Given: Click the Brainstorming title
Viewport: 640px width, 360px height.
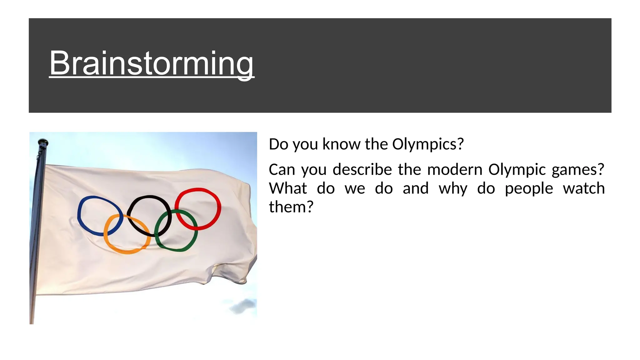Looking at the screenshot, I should (x=152, y=63).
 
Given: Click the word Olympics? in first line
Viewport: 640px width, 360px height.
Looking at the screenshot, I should (x=428, y=144).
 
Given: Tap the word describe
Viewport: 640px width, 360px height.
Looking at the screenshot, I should (x=362, y=170).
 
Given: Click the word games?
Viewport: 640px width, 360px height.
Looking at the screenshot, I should (x=578, y=170).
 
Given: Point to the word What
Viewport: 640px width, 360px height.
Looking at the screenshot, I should (x=288, y=188).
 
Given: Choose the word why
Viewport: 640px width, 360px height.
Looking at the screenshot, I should (x=453, y=188).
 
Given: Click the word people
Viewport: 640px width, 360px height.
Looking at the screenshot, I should (x=529, y=188).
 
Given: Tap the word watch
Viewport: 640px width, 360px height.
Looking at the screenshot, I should (x=584, y=188).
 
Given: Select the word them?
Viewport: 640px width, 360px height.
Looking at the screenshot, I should (x=291, y=207).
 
